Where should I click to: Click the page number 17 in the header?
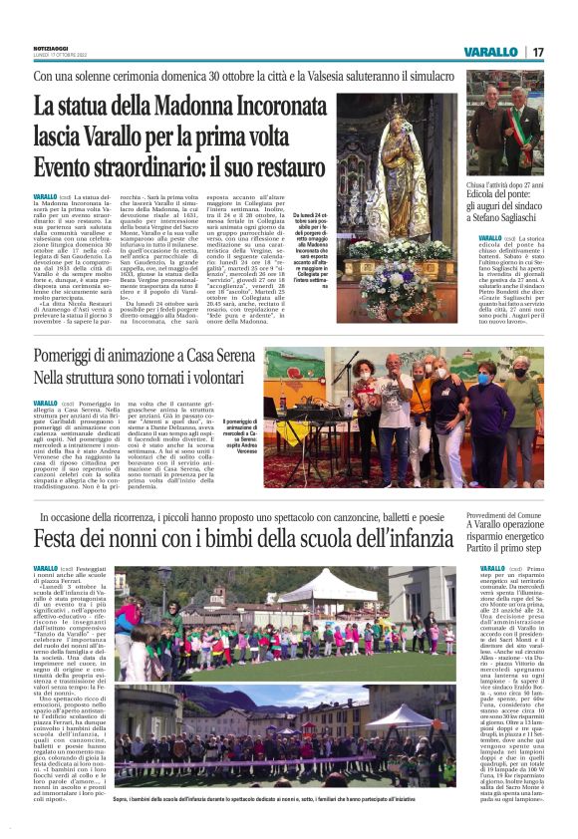(538, 51)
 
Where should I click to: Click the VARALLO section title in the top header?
(489, 51)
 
